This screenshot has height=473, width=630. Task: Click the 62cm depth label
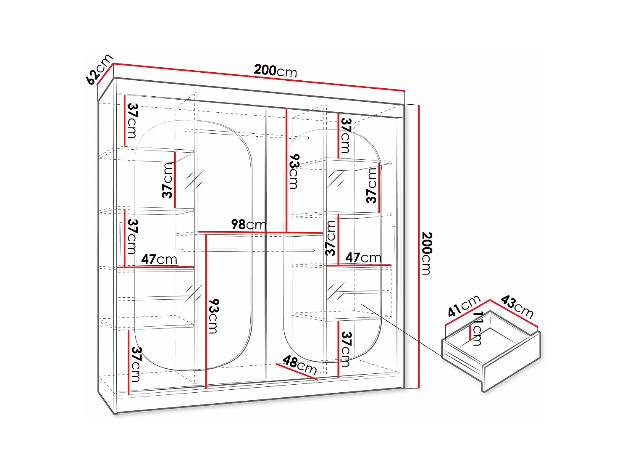pyautogui.click(x=99, y=69)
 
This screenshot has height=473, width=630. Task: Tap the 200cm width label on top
pyautogui.click(x=275, y=71)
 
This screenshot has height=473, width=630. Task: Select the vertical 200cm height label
pyautogui.click(x=426, y=253)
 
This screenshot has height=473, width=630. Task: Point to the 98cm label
pyautogui.click(x=249, y=225)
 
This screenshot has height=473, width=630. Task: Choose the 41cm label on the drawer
pyautogui.click(x=464, y=306)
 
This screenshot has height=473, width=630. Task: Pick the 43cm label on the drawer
pyautogui.click(x=517, y=307)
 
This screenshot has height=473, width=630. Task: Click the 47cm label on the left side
pyautogui.click(x=159, y=259)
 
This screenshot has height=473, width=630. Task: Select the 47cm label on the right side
pyautogui.click(x=363, y=257)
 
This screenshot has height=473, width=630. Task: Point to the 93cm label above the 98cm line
pyautogui.click(x=294, y=172)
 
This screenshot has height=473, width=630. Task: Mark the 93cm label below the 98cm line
pyautogui.click(x=214, y=316)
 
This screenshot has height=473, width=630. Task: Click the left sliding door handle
pyautogui.click(x=121, y=239)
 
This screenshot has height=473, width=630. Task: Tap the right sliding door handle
pyautogui.click(x=394, y=240)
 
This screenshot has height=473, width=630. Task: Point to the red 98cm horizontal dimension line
pyautogui.click(x=260, y=232)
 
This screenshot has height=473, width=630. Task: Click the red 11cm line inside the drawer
pyautogui.click(x=470, y=332)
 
